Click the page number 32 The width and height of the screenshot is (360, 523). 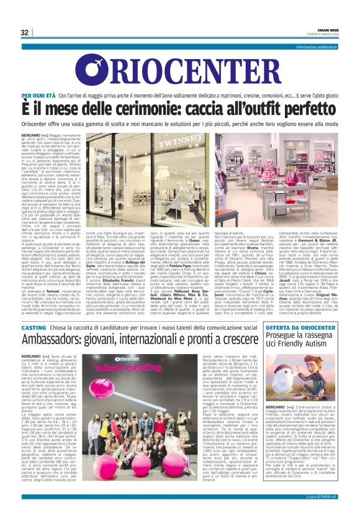(25, 32)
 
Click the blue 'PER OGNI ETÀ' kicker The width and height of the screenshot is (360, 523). (38, 96)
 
